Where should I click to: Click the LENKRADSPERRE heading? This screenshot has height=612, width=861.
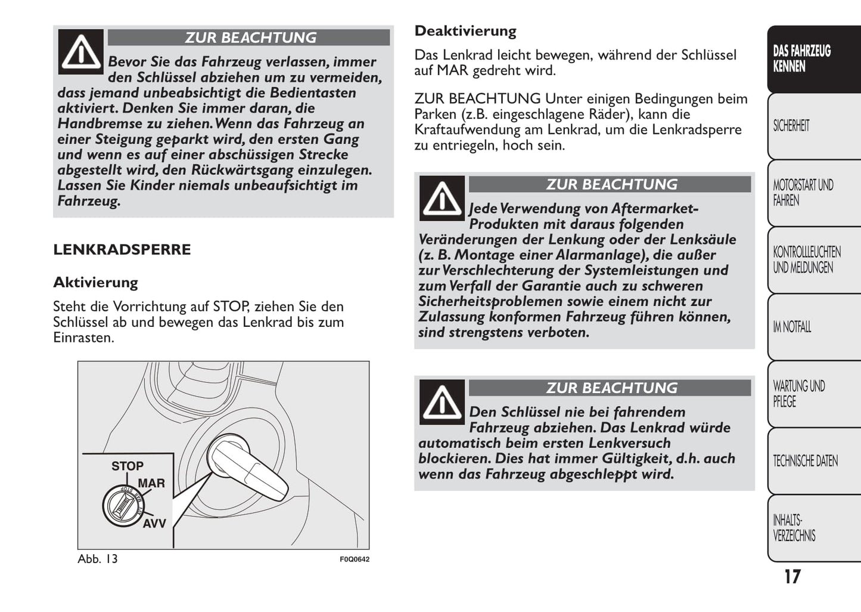click(122, 249)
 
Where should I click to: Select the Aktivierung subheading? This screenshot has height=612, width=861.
click(95, 282)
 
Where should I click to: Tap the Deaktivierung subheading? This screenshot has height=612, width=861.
click(465, 31)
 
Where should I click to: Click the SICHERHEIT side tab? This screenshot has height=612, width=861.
click(791, 126)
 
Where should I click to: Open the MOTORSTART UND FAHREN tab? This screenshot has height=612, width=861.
click(803, 193)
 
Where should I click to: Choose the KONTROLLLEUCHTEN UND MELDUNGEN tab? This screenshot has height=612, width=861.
click(806, 259)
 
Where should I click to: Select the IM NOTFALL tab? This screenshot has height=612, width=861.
click(792, 327)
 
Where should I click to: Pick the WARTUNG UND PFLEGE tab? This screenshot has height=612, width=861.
click(798, 394)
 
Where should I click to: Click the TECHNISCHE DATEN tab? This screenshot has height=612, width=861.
click(805, 461)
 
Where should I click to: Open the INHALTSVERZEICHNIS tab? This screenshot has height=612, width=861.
click(794, 528)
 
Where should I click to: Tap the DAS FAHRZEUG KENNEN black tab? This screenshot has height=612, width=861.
click(801, 58)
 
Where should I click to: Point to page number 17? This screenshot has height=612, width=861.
click(792, 577)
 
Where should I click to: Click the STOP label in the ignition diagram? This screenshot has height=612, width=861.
click(128, 466)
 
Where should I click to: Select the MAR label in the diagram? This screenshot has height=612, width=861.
click(151, 483)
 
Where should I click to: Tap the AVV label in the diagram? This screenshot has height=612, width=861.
click(154, 524)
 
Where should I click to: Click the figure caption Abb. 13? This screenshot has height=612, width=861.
click(98, 559)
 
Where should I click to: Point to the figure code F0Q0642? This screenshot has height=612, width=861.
click(355, 560)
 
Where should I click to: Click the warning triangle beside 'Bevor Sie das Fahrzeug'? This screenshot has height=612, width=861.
click(81, 52)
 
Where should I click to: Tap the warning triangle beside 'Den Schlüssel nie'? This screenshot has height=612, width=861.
click(442, 402)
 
